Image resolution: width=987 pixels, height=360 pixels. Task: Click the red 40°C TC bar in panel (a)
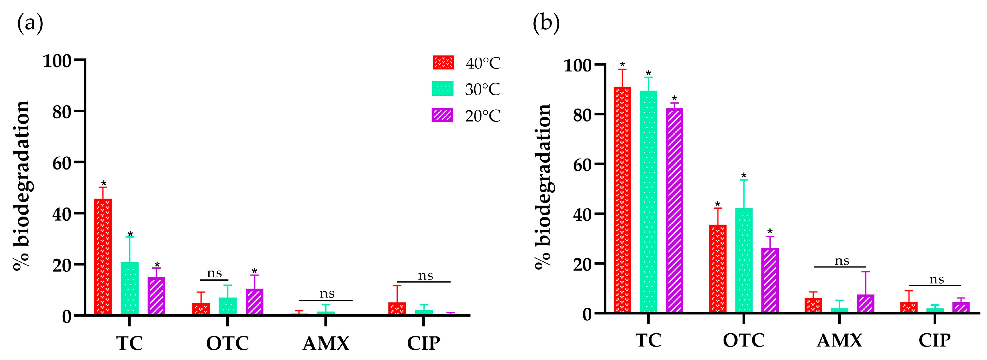click(x=103, y=257)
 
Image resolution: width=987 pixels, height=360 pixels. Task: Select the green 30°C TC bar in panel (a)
click(x=130, y=288)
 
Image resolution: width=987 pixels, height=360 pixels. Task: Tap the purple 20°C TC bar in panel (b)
click(x=674, y=211)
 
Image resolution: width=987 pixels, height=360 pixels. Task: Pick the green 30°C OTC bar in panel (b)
click(x=744, y=260)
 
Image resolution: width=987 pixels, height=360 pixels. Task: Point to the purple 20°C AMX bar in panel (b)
click(x=866, y=304)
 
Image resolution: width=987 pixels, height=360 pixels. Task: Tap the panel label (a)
click(x=30, y=24)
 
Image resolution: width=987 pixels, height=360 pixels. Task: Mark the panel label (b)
click(x=546, y=24)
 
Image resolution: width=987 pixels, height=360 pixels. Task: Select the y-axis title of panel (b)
click(x=543, y=188)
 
